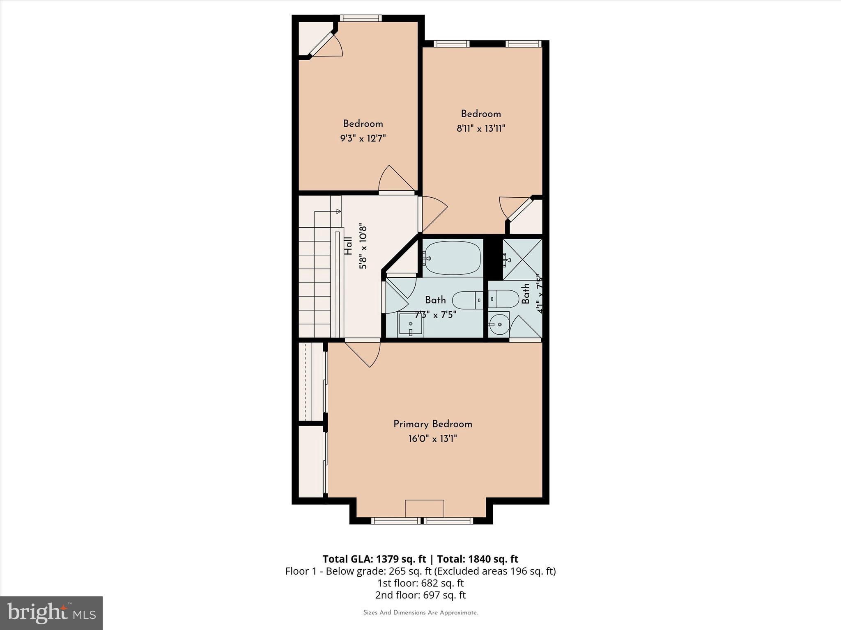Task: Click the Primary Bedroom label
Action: [x=432, y=424]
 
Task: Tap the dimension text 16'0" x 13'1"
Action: [x=432, y=439]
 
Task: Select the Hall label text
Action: [x=348, y=246]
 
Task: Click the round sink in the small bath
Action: [x=499, y=324]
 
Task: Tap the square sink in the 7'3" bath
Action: [x=411, y=324]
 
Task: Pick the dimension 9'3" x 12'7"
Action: [x=363, y=139]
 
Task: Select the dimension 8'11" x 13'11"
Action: [x=480, y=128]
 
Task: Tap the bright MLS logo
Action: [x=51, y=613]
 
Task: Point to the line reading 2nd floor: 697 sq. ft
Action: [x=420, y=595]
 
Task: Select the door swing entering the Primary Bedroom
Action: [x=365, y=353]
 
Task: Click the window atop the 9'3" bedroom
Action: [x=361, y=18]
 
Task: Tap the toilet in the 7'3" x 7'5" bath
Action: [x=468, y=300]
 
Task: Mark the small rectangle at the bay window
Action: [x=424, y=508]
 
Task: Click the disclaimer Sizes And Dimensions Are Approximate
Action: [x=420, y=613]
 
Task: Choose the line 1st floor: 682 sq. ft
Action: [x=420, y=583]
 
